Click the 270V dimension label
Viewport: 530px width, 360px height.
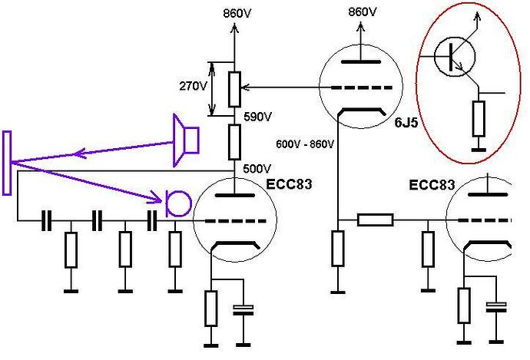click(x=193, y=87)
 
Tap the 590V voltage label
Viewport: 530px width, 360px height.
click(x=257, y=117)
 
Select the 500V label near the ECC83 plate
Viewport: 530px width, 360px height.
click(x=257, y=169)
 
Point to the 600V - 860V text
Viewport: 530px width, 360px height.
click(x=305, y=144)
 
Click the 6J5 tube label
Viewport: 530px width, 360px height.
click(x=406, y=123)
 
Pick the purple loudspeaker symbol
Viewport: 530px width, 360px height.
click(x=186, y=140)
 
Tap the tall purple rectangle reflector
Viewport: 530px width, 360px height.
click(x=7, y=163)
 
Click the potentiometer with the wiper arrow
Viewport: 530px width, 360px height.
click(x=234, y=89)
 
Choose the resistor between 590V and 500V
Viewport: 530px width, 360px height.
click(x=234, y=142)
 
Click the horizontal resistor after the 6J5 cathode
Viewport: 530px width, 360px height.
click(x=375, y=220)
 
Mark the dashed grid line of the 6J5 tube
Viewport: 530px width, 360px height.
click(x=362, y=88)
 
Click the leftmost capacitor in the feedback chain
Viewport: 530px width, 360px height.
click(x=46, y=221)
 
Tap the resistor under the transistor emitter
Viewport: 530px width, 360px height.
click(x=479, y=118)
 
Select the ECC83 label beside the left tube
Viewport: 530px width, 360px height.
click(x=289, y=184)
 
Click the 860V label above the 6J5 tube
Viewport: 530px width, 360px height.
click(x=363, y=12)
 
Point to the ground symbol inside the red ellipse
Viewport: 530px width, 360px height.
click(x=479, y=150)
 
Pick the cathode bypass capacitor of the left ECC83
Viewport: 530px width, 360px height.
click(x=243, y=310)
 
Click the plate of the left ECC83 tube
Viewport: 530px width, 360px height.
click(x=234, y=195)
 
